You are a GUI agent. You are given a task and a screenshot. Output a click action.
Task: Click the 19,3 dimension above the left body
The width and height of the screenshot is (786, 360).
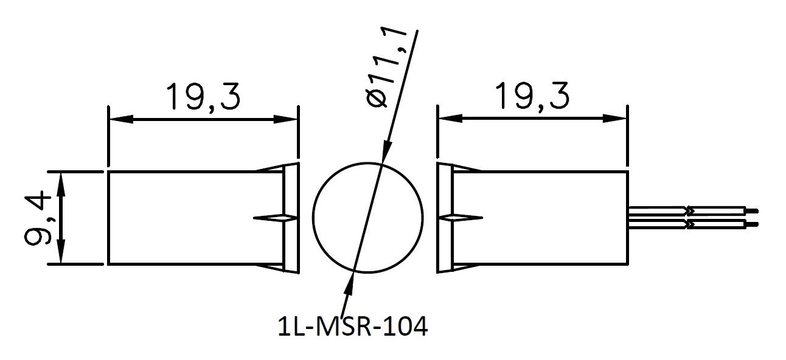click(203, 97)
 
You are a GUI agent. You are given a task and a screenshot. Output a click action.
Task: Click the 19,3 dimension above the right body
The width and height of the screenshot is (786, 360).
click(531, 96)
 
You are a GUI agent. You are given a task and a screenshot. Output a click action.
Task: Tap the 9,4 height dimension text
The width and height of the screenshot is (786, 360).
click(38, 218)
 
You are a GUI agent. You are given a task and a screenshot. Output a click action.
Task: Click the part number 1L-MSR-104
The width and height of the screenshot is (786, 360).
click(352, 327)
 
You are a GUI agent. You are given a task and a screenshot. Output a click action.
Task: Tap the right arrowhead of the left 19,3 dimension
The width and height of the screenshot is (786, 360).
click(286, 119)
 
